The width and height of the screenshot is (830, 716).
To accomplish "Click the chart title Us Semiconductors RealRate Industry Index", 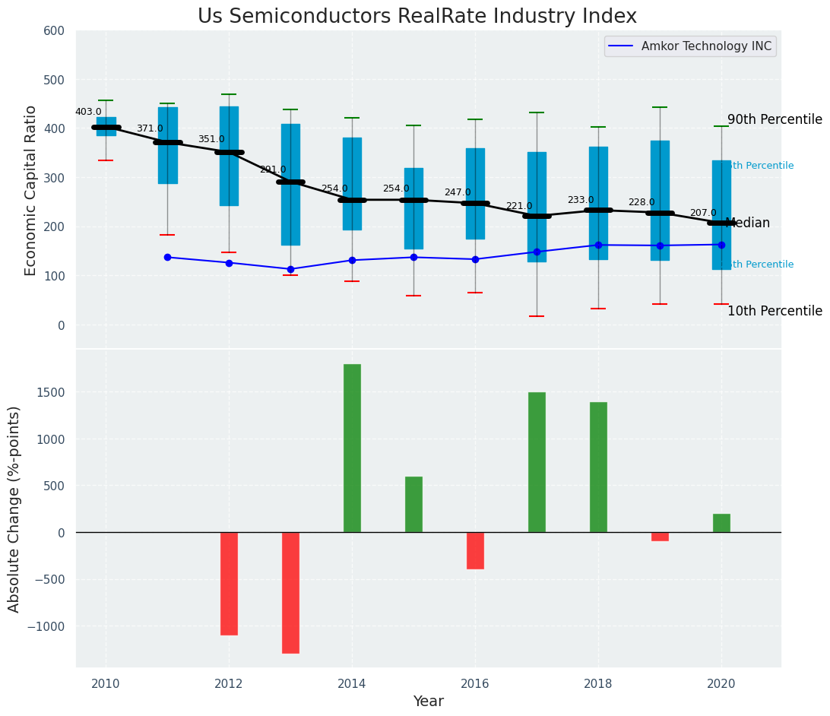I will tap(417, 17).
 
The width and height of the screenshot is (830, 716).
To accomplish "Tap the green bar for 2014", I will tap(352, 448).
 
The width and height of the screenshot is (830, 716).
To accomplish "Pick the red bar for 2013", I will tap(290, 592).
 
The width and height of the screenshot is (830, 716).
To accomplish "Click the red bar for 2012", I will tap(229, 583).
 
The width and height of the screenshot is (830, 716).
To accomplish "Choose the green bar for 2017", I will tap(537, 462).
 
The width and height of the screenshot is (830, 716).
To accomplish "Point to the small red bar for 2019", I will tap(660, 537).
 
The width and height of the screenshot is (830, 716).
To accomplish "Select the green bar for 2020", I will tap(721, 523).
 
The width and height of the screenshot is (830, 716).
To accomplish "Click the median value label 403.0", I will tap(88, 112).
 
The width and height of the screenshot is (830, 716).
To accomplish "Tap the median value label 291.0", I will tap(273, 169).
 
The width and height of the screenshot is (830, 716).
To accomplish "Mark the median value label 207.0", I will tap(703, 213).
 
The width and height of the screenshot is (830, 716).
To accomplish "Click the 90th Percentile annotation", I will tap(775, 119).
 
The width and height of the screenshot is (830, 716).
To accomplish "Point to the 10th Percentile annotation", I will tap(775, 311).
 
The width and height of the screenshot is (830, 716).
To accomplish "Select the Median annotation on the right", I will tap(748, 223).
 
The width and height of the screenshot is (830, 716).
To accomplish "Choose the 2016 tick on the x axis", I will tap(475, 683).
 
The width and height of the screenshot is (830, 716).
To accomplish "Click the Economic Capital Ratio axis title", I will tap(31, 190).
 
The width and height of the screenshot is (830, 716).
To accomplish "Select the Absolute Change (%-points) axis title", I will tap(14, 508).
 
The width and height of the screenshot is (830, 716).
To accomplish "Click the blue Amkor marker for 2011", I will tap(167, 257).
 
